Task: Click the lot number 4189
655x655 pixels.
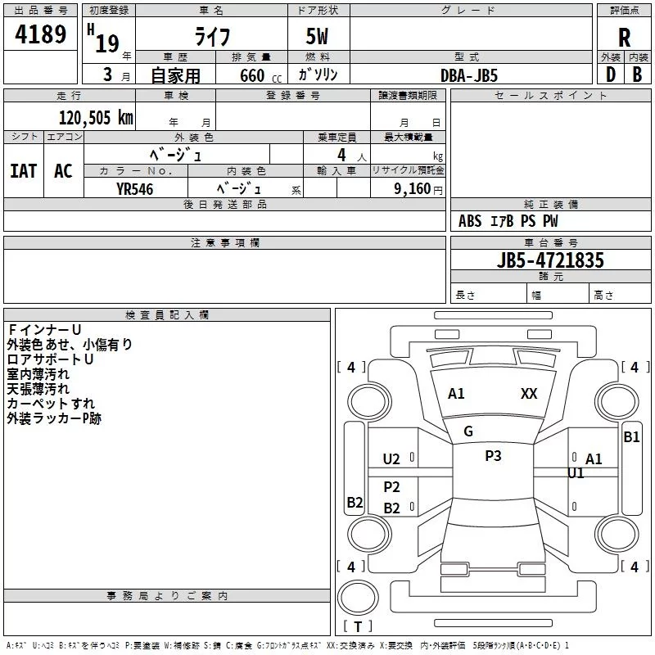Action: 40,34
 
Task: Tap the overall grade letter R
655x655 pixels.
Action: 624,38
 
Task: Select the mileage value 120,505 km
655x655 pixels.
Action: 96,118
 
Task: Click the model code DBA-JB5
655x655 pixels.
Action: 469,75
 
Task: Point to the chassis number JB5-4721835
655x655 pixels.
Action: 550,260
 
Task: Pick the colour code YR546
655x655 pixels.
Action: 135,189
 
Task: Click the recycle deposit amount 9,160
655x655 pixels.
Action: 413,189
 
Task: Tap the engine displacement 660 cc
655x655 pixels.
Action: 260,75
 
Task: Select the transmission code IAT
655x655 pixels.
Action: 24,171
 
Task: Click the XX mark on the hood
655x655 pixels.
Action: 529,394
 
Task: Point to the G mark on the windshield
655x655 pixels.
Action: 468,431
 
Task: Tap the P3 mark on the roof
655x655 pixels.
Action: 493,456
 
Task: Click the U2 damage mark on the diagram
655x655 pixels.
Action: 391,459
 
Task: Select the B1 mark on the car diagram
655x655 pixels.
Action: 631,437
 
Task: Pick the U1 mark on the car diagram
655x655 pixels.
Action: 576,473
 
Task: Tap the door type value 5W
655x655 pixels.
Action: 317,36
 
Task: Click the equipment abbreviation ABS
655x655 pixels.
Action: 470,221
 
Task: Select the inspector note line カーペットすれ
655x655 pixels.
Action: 51,404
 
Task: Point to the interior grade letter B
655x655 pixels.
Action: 637,75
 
